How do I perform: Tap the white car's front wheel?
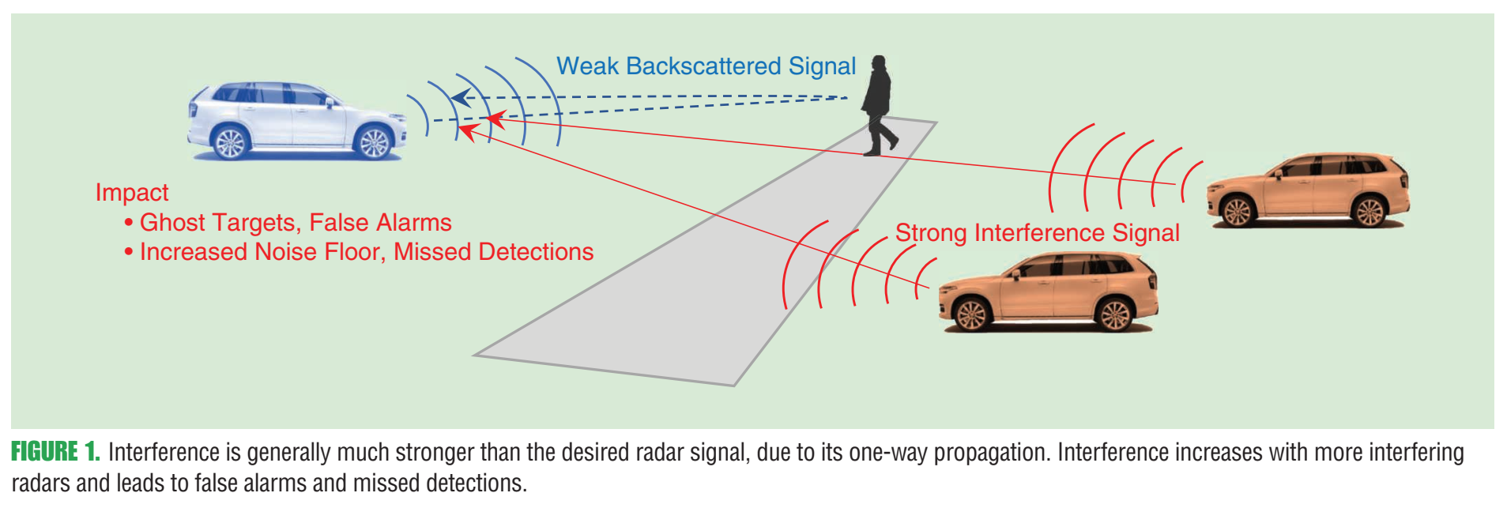click(x=374, y=143)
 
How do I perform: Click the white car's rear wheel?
click(x=231, y=143)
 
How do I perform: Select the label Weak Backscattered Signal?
click(x=706, y=66)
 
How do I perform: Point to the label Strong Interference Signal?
click(x=1037, y=232)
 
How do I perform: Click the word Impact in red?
click(x=132, y=192)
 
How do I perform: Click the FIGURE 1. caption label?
click(x=55, y=452)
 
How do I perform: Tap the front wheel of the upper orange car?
click(x=1237, y=211)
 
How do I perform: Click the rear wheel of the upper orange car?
click(x=1369, y=211)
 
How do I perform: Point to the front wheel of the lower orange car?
click(x=971, y=315)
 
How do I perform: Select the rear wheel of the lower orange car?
click(x=1115, y=315)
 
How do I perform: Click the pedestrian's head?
click(x=879, y=62)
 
